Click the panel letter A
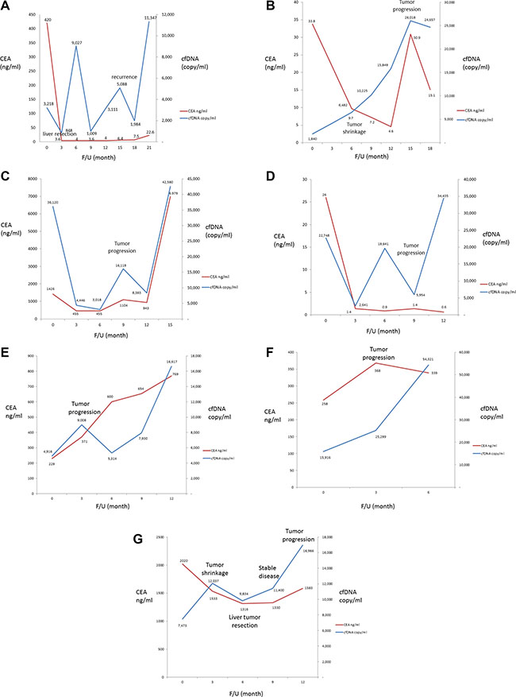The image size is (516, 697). click(6, 6)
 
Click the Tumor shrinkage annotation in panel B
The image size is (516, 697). click(355, 128)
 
